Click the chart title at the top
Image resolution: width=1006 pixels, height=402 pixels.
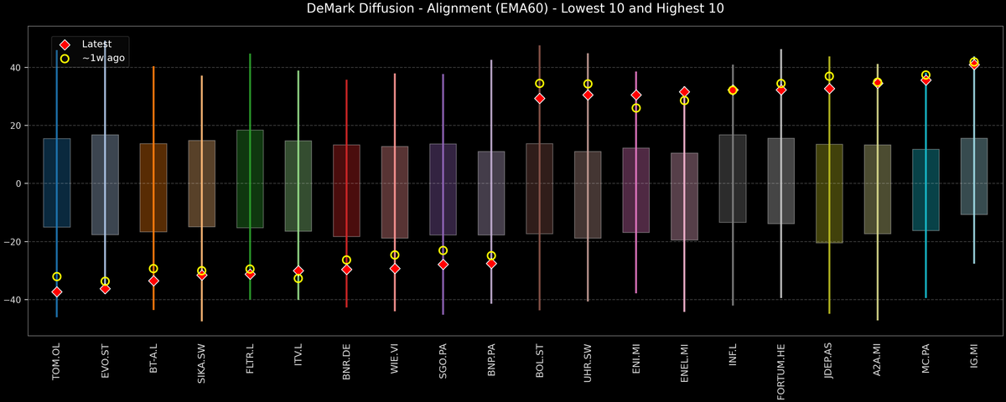(x=503, y=9)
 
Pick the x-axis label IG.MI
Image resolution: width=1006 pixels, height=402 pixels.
(x=974, y=358)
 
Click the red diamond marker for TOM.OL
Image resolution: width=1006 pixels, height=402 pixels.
(x=57, y=292)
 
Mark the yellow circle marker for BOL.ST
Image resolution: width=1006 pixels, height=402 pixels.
(x=540, y=84)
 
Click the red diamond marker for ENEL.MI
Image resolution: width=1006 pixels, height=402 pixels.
(x=684, y=91)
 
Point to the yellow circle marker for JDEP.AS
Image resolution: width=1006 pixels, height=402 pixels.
(x=829, y=76)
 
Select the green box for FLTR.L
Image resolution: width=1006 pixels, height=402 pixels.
(x=250, y=179)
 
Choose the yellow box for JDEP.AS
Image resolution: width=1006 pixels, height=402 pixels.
(x=829, y=193)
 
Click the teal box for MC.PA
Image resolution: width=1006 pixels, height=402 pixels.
(x=926, y=190)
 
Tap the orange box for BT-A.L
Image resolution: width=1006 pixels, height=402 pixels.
(x=153, y=188)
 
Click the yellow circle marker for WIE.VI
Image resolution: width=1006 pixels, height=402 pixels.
(x=395, y=255)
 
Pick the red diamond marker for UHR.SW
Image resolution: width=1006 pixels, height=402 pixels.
(x=588, y=95)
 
